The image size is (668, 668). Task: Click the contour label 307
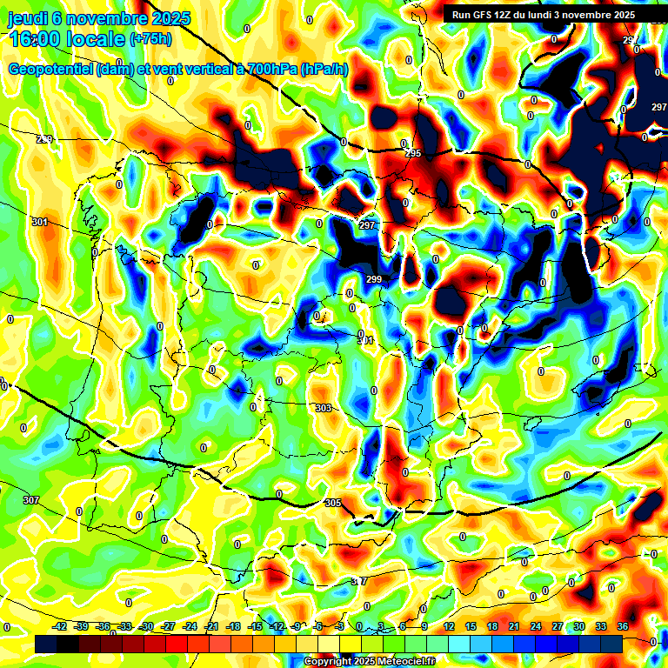point(31,500)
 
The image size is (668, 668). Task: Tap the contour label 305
point(332,504)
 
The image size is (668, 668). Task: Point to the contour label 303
point(324,408)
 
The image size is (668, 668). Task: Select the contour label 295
point(413,153)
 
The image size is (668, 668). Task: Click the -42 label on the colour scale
point(60,626)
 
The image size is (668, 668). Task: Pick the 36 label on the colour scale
point(622,626)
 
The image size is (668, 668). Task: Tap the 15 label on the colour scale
point(471,626)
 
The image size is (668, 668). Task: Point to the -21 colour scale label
point(211,626)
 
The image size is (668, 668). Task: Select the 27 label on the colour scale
point(557,626)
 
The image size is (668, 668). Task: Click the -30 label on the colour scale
point(147,626)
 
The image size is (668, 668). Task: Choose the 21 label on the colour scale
point(514,626)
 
